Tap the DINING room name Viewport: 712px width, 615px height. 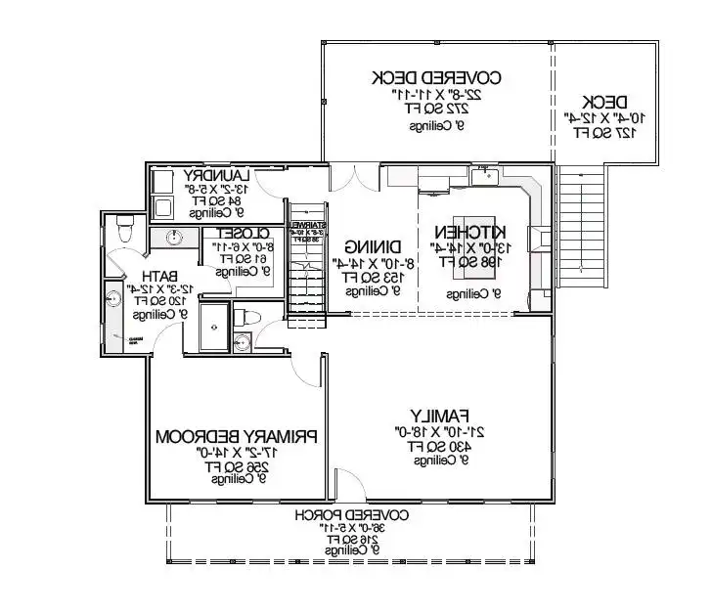[x=373, y=248]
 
